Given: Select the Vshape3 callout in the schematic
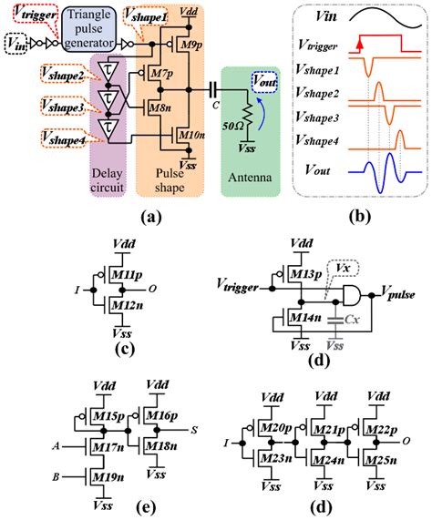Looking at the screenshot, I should tap(61, 108).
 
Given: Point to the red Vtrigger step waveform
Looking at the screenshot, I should tap(373, 42).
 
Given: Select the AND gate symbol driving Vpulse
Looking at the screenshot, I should tap(349, 294).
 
